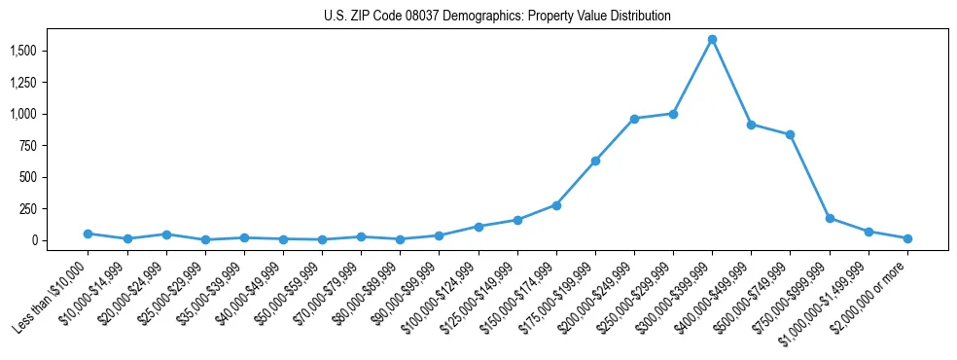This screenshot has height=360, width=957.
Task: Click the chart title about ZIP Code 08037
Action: [x=497, y=16]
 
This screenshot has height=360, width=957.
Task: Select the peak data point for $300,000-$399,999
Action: [x=712, y=40]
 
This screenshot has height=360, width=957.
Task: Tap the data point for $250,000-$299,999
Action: [x=673, y=114]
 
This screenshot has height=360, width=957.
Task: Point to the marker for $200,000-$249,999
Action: [x=634, y=119]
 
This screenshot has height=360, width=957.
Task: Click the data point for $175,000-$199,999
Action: [x=595, y=161]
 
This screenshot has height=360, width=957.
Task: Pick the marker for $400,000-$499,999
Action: [x=751, y=125]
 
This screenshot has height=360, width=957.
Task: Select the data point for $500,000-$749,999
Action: [x=790, y=134]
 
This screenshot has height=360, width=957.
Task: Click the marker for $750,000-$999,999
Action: [x=830, y=218]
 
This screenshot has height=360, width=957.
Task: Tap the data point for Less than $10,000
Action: [x=89, y=234]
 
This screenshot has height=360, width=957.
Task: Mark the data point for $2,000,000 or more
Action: [x=907, y=238]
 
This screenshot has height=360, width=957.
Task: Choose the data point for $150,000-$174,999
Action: [x=556, y=205]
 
